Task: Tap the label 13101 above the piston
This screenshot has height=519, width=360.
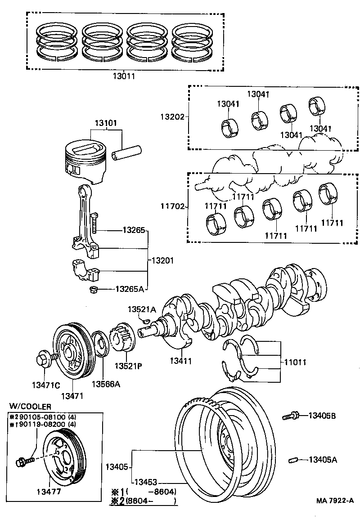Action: (x=106, y=123)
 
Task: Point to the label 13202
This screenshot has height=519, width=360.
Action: (x=172, y=116)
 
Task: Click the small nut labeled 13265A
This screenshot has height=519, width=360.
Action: (x=94, y=289)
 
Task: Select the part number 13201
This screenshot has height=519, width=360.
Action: (x=162, y=260)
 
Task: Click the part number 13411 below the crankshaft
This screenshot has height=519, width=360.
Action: (x=181, y=360)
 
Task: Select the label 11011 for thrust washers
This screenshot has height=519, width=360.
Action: (x=296, y=361)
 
